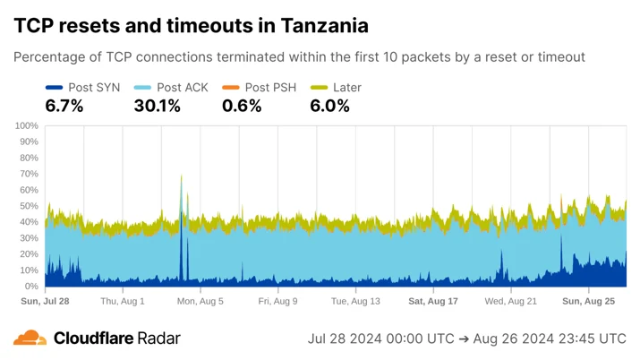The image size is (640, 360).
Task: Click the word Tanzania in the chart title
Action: click(325, 25)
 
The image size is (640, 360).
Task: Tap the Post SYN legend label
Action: click(94, 88)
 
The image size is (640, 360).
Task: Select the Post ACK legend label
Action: click(183, 88)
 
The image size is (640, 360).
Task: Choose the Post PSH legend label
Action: click(270, 88)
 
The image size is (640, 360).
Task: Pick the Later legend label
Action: click(347, 88)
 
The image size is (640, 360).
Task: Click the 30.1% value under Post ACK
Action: click(158, 107)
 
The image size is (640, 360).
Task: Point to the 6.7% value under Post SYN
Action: click(64, 107)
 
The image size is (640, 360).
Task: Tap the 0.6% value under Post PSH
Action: click(242, 107)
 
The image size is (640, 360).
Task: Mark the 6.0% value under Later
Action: click(329, 107)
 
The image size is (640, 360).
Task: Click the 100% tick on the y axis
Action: click(27, 125)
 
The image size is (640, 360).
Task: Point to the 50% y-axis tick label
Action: click(29, 206)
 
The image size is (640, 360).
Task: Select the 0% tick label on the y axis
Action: click(31, 287)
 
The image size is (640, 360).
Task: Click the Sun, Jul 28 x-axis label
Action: click(45, 301)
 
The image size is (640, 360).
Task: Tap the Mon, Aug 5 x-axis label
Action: click(200, 301)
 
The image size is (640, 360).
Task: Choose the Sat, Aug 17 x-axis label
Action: click(433, 301)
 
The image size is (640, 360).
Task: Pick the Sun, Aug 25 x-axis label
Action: click(589, 301)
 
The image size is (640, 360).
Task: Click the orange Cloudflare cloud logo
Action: click(30, 338)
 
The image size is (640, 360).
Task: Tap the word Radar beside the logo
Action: click(158, 339)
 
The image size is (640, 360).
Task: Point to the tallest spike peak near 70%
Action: click(181, 176)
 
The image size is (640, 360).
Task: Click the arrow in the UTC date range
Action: click(464, 339)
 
